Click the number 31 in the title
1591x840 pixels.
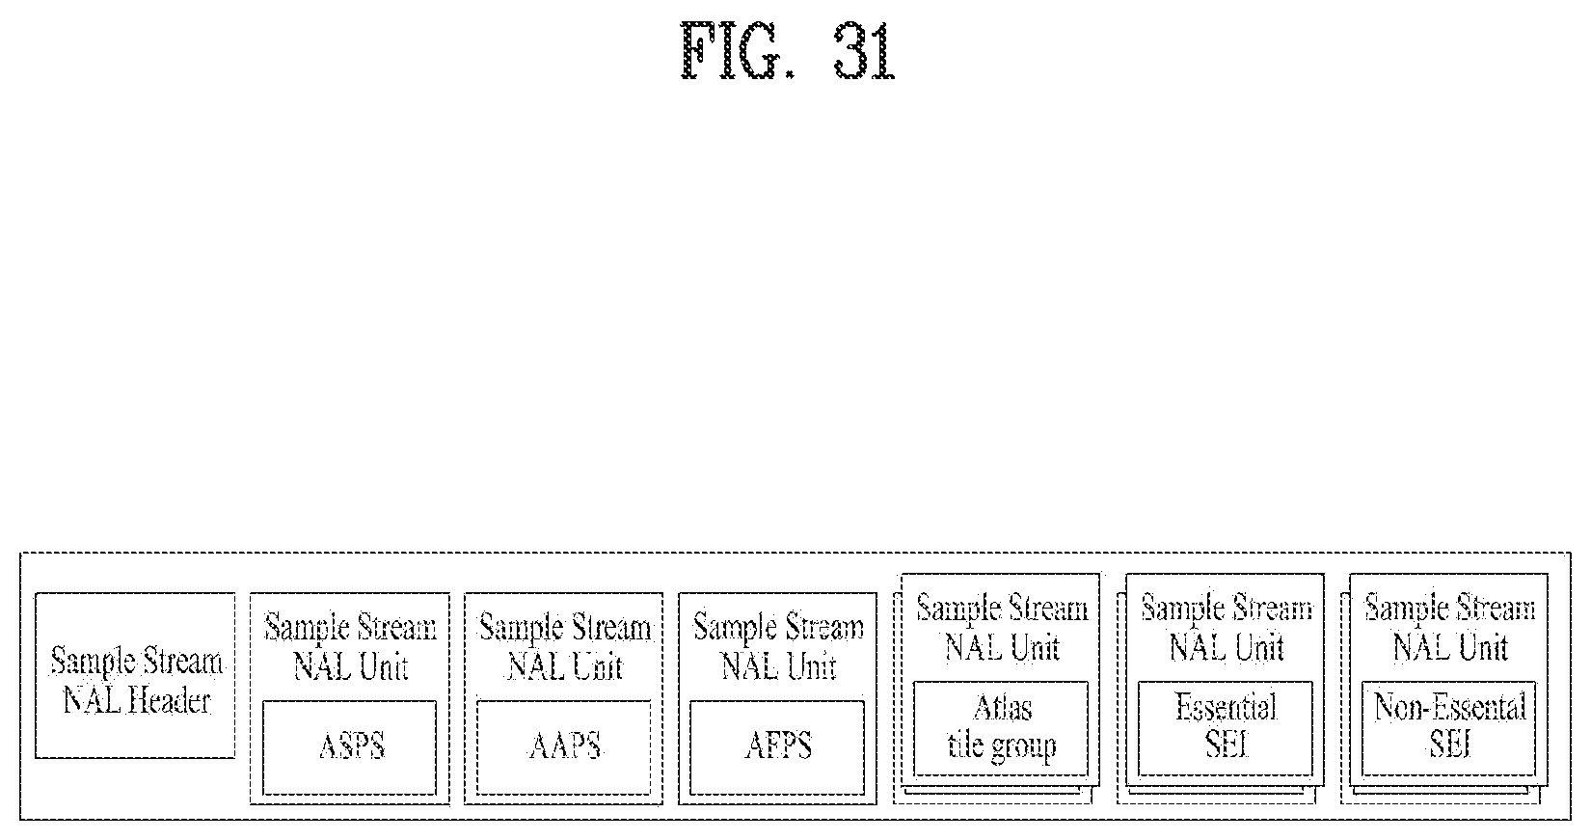(x=863, y=53)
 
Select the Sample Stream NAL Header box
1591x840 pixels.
(x=135, y=675)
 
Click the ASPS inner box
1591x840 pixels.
(x=350, y=747)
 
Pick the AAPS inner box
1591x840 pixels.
(x=565, y=747)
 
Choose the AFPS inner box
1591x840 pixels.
(x=778, y=747)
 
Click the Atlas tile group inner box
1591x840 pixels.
(x=1001, y=728)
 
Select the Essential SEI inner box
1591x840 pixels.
(x=1226, y=728)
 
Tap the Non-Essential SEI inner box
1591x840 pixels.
(x=1449, y=728)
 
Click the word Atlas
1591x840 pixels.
(x=1003, y=709)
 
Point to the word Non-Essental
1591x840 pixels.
(x=1449, y=709)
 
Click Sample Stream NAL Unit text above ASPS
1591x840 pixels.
(x=350, y=647)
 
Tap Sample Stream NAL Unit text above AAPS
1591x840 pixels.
(x=565, y=647)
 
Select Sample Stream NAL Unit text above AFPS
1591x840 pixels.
(x=778, y=647)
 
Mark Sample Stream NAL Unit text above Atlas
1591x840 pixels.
(x=1001, y=628)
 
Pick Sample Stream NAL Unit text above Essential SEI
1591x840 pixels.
(x=1226, y=628)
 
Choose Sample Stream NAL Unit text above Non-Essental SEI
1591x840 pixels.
(x=1449, y=628)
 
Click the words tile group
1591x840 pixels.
(x=1002, y=745)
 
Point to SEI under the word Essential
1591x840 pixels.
(x=1227, y=745)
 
